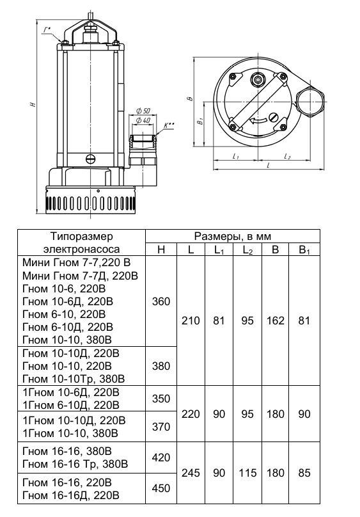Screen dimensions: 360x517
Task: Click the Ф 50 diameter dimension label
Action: click(x=143, y=111)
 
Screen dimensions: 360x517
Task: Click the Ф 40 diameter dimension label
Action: click(x=143, y=120)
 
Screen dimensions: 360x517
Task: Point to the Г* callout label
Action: click(x=47, y=30)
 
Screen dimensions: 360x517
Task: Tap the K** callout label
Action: click(x=169, y=125)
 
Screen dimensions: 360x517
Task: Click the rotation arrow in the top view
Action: click(x=258, y=121)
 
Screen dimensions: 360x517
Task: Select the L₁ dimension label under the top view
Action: click(x=235, y=156)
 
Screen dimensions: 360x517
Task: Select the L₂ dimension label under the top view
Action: click(x=287, y=156)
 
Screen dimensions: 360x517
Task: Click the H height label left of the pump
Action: click(x=32, y=104)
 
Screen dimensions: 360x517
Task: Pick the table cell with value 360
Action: click(x=161, y=301)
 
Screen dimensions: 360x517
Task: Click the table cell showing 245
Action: click(x=191, y=473)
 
